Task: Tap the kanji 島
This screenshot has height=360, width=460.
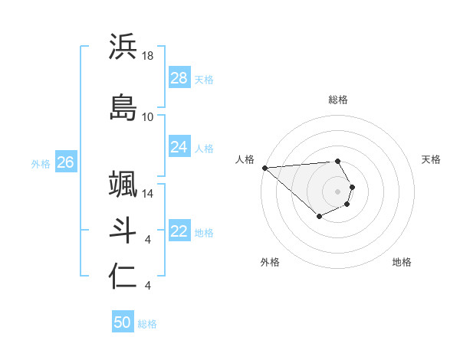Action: [123, 106]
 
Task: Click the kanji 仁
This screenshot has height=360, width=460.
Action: [123, 277]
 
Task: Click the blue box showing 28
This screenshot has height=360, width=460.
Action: [179, 78]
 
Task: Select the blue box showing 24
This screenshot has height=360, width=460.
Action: [179, 147]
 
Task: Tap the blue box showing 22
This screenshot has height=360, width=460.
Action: [179, 232]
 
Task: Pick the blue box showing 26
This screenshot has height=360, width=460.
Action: [66, 162]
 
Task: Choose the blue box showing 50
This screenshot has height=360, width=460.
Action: [123, 322]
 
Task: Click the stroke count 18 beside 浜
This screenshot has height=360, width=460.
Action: [149, 56]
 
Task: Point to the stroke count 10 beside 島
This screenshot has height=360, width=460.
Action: [148, 117]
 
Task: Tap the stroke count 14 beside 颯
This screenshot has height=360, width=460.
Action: [148, 195]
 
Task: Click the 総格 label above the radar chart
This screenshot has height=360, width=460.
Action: [338, 100]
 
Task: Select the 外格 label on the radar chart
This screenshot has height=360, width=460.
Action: [270, 262]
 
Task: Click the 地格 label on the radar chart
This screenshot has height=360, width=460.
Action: [402, 262]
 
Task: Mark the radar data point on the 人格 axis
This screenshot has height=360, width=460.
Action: [264, 167]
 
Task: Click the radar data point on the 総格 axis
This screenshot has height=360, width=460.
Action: [337, 161]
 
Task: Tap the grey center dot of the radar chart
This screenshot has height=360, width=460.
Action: [338, 191]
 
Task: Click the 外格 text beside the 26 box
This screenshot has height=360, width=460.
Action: [41, 163]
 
